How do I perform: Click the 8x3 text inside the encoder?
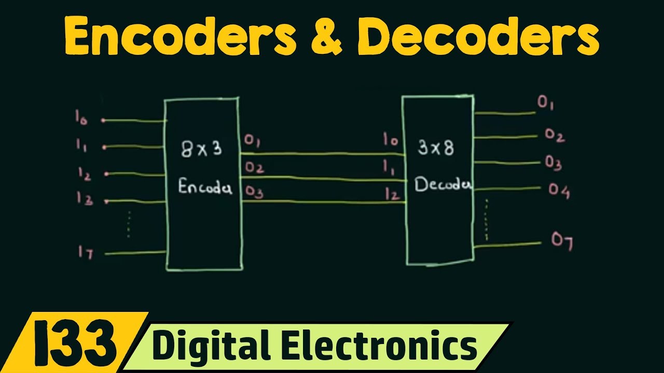coord(201,150)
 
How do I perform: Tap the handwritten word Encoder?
coord(205,187)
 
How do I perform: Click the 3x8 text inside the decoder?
coord(435,148)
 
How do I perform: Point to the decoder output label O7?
coord(561,241)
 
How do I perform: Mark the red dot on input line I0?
coord(103,121)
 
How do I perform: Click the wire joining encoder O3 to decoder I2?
coord(322,202)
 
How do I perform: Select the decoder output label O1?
coord(546,104)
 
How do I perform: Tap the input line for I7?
coord(135,253)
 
